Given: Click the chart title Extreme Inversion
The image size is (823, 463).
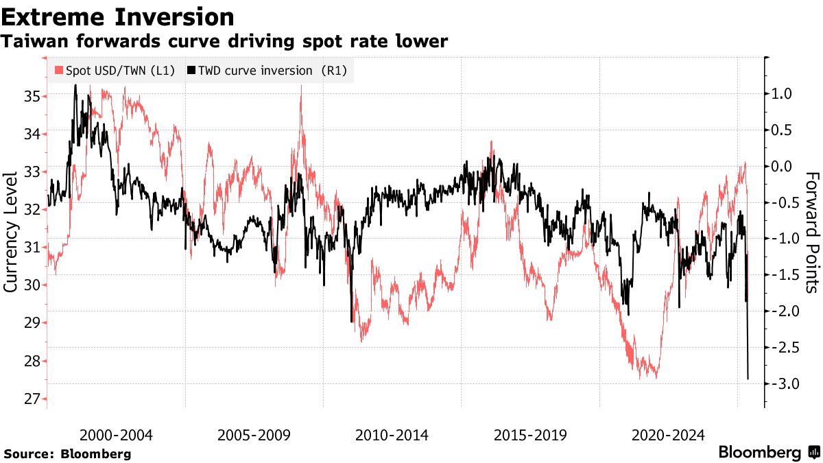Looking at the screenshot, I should [117, 16].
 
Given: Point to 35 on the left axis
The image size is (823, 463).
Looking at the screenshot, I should [32, 96].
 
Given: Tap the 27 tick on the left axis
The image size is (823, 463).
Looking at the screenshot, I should [32, 399].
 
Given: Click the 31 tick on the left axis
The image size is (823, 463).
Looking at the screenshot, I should [32, 248].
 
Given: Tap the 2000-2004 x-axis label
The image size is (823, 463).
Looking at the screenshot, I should [116, 435].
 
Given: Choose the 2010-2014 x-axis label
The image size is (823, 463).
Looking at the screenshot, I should [392, 435].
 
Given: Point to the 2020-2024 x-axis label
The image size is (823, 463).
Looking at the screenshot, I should [668, 435].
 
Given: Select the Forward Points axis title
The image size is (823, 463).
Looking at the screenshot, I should [812, 232].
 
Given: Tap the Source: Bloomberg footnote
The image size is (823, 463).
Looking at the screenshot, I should [67, 454].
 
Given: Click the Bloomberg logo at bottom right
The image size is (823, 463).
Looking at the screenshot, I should [768, 453].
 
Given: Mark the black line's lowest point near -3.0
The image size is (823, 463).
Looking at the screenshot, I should [748, 379].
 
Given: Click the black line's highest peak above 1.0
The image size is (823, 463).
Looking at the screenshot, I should [75, 85].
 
